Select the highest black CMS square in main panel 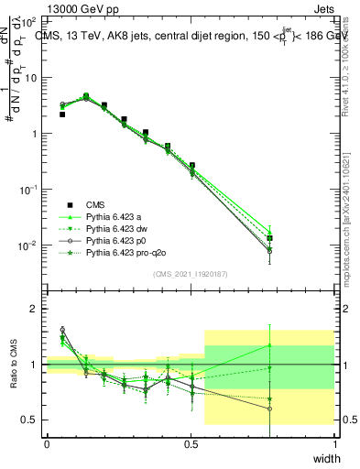[86, 96]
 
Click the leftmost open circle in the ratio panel [62, 330]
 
